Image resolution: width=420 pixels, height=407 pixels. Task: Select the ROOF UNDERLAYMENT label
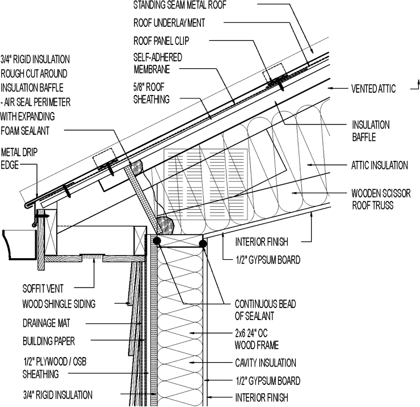(169, 23)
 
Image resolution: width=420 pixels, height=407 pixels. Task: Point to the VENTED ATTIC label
(372, 89)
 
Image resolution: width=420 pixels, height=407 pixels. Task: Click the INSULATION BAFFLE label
(371, 131)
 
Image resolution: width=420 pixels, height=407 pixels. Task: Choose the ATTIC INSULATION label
(379, 166)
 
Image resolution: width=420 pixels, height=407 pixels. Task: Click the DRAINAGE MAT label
(47, 323)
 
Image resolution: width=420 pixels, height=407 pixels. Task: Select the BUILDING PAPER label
(49, 342)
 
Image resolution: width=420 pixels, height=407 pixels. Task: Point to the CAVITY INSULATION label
(266, 363)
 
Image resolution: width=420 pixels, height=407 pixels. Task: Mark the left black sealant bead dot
(156, 242)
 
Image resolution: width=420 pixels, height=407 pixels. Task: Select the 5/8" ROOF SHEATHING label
(151, 93)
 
